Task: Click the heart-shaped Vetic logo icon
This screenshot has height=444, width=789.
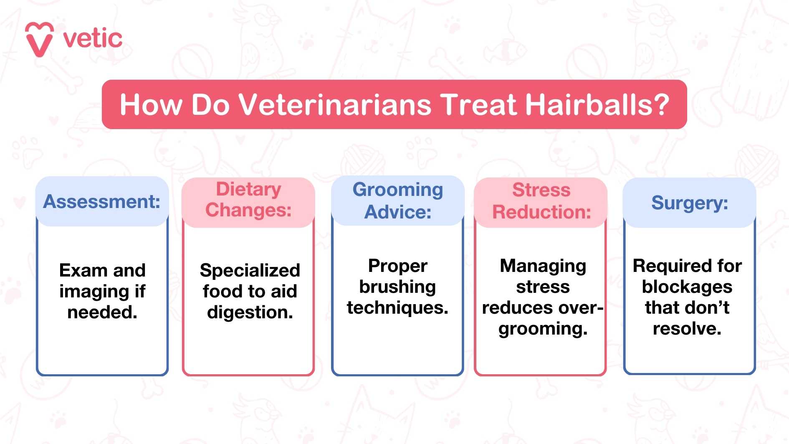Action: pyautogui.click(x=39, y=39)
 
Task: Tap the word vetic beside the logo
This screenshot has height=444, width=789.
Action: pyautogui.click(x=93, y=39)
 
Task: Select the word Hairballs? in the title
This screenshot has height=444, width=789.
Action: pyautogui.click(x=597, y=104)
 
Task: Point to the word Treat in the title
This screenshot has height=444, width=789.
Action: pyautogui.click(x=478, y=104)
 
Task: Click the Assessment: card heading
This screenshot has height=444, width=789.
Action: pyautogui.click(x=102, y=202)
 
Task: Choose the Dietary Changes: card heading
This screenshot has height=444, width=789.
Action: pyautogui.click(x=248, y=200)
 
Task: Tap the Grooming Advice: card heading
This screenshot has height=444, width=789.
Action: pyautogui.click(x=398, y=200)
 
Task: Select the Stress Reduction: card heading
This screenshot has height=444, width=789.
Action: pyautogui.click(x=541, y=201)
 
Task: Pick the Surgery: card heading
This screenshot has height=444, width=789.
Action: pyautogui.click(x=690, y=203)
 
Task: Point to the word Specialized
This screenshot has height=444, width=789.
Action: pyautogui.click(x=250, y=271)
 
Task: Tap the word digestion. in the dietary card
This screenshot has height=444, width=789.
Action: pyautogui.click(x=250, y=312)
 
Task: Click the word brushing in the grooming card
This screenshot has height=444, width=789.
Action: pyautogui.click(x=397, y=287)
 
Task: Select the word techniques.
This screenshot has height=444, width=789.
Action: pyautogui.click(x=397, y=308)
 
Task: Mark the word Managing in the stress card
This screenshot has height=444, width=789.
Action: pyautogui.click(x=543, y=266)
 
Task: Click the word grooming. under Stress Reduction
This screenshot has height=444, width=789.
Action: pyautogui.click(x=543, y=329)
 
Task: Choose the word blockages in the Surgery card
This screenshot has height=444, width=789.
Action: pyautogui.click(x=687, y=287)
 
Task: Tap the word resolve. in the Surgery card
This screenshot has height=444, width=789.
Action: pyautogui.click(x=687, y=329)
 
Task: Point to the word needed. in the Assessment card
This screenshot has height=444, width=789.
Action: pyautogui.click(x=102, y=312)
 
